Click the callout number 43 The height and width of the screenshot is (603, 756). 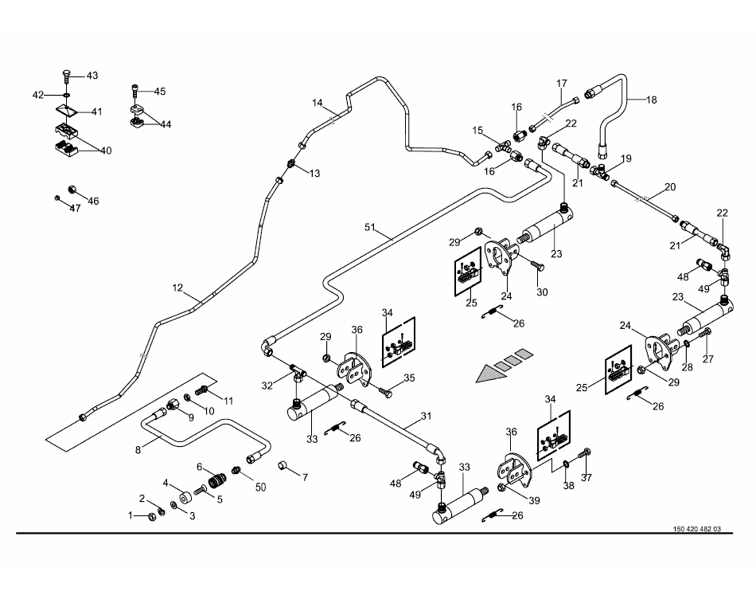click(x=92, y=76)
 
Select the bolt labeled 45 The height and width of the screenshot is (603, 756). click(x=137, y=92)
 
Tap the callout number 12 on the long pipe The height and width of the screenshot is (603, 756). click(x=177, y=287)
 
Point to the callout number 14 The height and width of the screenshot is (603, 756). click(x=318, y=103)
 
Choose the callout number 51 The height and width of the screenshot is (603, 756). click(x=369, y=226)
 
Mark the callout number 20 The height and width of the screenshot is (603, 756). click(x=669, y=187)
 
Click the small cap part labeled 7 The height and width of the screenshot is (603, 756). click(x=282, y=465)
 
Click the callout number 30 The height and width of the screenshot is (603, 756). click(x=543, y=292)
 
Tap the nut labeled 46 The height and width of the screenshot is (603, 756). click(x=71, y=190)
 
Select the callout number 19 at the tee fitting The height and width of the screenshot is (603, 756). click(x=626, y=159)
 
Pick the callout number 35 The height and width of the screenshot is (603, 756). click(x=409, y=378)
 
